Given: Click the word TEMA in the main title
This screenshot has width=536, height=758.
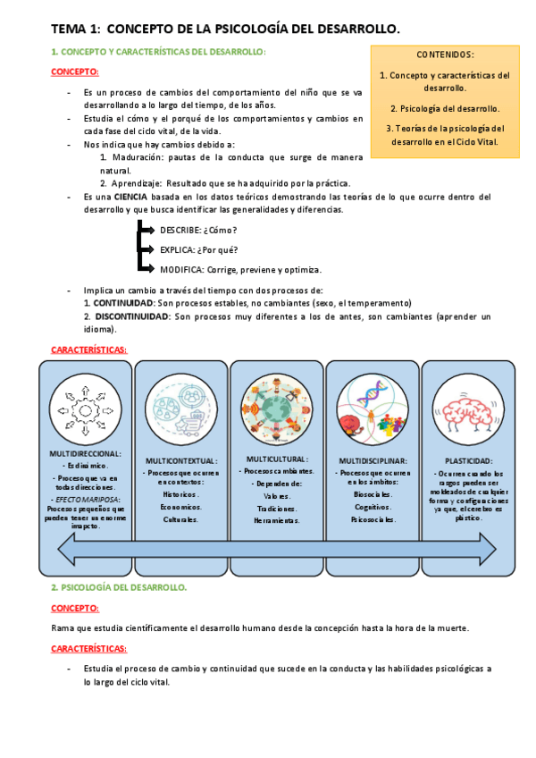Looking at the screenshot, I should tap(68, 29).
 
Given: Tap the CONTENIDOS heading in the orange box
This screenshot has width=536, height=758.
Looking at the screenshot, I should tap(445, 55).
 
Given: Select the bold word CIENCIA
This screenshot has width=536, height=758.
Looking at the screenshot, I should tap(130, 197).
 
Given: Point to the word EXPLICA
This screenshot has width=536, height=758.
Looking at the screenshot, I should tap(177, 249).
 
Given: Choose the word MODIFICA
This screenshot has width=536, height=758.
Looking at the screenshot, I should tap(180, 269).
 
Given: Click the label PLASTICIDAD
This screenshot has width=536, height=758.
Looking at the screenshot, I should tap(468, 461).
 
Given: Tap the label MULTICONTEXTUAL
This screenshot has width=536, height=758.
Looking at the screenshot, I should tap(181, 461).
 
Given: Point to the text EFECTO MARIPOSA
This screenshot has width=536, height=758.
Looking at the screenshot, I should tap(87, 500).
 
